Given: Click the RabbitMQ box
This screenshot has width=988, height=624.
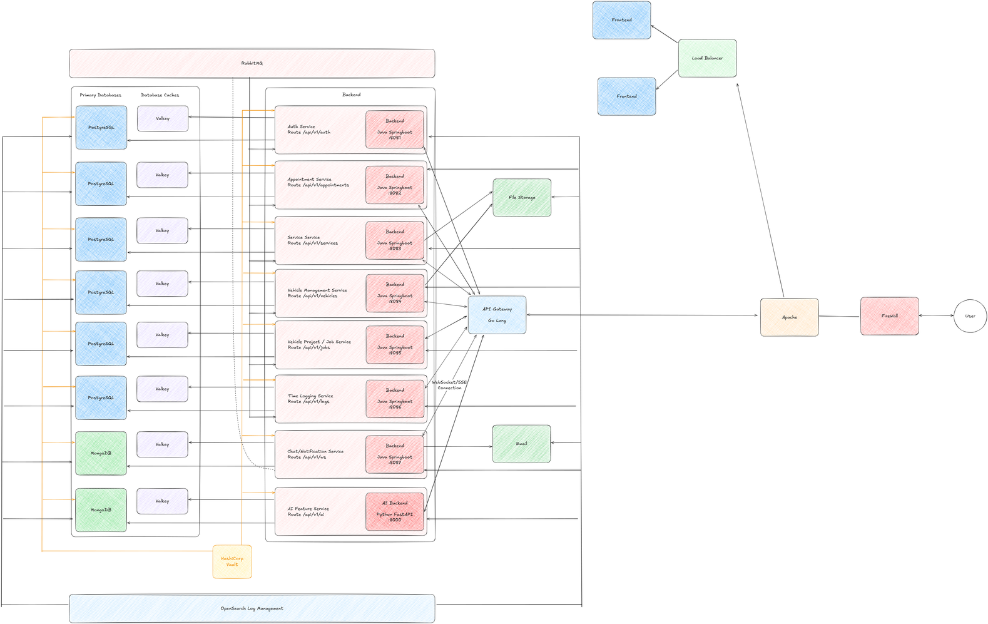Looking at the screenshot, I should click(252, 63).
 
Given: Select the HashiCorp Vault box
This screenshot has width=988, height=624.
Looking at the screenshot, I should click(232, 561).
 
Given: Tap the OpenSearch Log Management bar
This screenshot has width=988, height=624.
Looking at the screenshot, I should click(252, 608).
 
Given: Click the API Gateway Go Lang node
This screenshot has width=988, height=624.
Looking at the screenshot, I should click(497, 315).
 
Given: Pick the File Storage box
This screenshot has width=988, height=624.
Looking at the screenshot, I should click(522, 198).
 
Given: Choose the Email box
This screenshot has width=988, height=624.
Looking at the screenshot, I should click(521, 444).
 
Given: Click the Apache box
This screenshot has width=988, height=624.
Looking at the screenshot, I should click(789, 317).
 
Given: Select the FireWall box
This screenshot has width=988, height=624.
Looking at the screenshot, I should click(889, 316).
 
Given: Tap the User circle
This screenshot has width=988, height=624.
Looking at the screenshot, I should click(970, 316).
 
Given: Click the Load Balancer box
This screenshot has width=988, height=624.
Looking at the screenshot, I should click(707, 58).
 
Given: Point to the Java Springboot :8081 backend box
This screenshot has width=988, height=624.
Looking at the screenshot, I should click(395, 130).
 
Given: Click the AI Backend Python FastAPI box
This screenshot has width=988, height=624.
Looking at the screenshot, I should click(395, 511).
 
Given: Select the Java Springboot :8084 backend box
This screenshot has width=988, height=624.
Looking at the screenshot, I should click(395, 293).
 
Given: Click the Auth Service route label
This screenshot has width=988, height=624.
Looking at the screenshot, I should click(308, 130).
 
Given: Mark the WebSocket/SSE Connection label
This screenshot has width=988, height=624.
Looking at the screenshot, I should click(449, 385).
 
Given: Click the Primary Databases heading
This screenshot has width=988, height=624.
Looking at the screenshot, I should click(100, 95).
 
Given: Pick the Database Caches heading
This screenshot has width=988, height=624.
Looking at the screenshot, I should click(160, 95).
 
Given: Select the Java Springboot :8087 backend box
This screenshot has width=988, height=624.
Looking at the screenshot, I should click(395, 454).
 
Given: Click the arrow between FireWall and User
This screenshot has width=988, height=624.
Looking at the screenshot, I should click(936, 315).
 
